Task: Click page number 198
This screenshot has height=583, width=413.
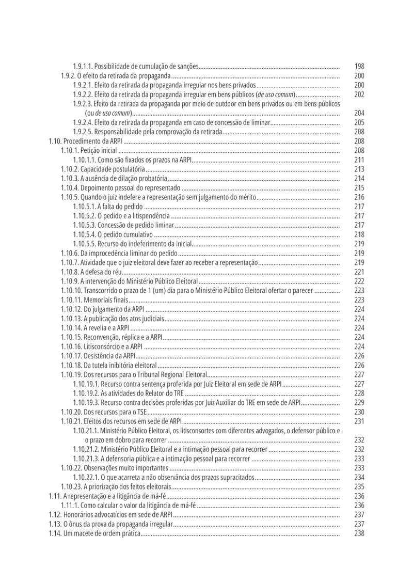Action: [359, 67]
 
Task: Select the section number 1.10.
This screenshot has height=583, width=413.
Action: [55, 141]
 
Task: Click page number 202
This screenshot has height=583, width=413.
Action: [359, 94]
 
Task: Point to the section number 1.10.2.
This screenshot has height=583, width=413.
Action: [70, 169]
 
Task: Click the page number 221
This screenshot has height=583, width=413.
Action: [359, 272]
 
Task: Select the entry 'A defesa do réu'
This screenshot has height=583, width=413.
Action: [101, 272]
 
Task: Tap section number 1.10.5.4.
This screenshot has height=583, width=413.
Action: [84, 234]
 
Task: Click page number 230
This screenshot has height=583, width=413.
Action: [359, 412]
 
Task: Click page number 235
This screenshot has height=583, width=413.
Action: [359, 486]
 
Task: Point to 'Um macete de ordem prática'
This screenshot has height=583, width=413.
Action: [102, 533]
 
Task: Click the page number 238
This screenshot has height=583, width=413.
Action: [359, 533]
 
